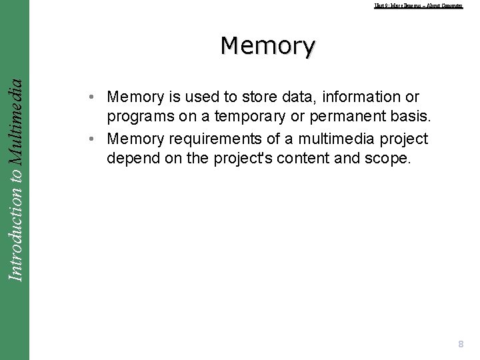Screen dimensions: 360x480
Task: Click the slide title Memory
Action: point(268,46)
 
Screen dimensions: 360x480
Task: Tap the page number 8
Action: point(460,344)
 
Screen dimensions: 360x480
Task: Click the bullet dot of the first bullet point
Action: point(97,97)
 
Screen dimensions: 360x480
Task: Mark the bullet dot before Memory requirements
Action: point(97,139)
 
